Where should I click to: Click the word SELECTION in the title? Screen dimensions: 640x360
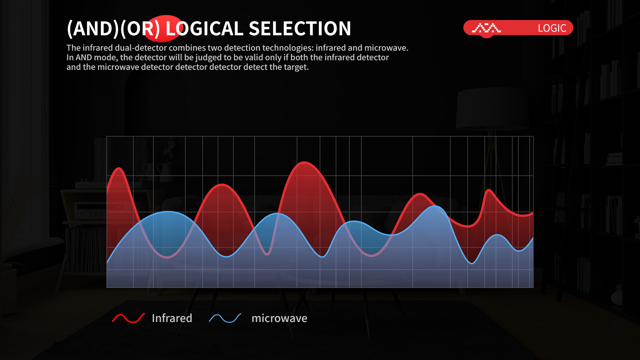(x=300, y=28)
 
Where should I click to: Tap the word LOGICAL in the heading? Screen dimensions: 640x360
(x=204, y=28)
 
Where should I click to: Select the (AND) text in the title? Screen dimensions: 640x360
(x=93, y=29)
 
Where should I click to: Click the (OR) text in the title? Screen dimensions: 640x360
(x=140, y=29)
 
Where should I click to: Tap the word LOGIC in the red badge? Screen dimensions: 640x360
(x=552, y=28)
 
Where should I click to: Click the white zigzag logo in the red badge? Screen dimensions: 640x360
(x=486, y=28)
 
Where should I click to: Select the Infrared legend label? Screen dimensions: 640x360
(x=172, y=318)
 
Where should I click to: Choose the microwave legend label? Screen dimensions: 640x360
(x=279, y=318)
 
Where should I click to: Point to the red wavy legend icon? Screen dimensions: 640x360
(x=128, y=318)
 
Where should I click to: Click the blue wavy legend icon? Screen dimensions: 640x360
(x=225, y=318)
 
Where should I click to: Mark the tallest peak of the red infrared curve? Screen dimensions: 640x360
(x=304, y=162)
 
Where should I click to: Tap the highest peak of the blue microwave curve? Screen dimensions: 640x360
(x=435, y=206)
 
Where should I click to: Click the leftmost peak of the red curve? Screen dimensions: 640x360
(x=119, y=168)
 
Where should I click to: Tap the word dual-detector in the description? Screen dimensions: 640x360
(x=141, y=48)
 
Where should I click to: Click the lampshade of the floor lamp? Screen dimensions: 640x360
(x=492, y=108)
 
